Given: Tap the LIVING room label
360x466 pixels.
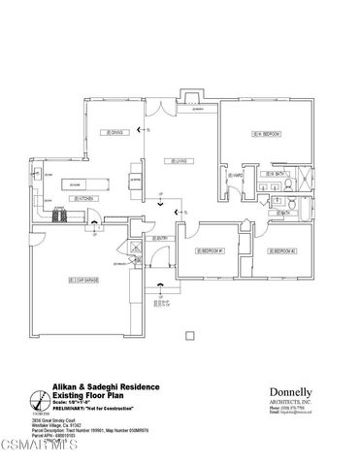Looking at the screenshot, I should (x=175, y=161).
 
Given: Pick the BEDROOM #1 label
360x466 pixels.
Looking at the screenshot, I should (x=209, y=251).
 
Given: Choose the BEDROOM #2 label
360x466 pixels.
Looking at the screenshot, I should (x=283, y=251).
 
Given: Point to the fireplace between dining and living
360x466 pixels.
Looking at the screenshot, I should (x=133, y=180).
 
